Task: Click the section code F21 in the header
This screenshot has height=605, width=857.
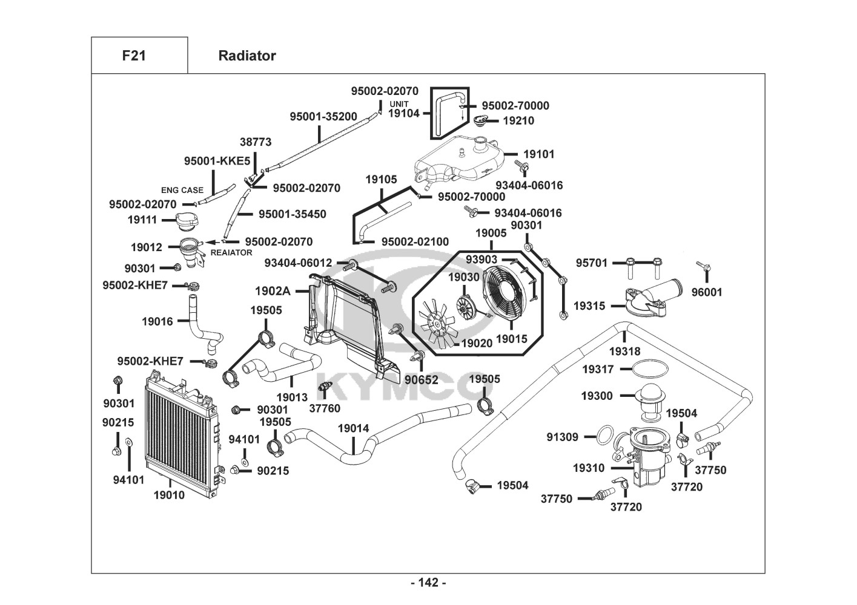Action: coord(134,56)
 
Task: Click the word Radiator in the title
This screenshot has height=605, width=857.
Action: coord(247,56)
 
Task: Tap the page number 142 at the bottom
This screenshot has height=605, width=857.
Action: coord(428,583)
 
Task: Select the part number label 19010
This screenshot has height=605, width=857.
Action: coord(169,495)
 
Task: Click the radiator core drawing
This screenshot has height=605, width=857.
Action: coord(179,436)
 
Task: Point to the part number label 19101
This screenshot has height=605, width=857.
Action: coord(538,154)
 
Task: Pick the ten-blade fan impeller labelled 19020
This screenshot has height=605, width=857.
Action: coord(437,320)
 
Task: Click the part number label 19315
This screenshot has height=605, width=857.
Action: coord(589,306)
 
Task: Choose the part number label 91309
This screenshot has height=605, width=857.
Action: coord(562,437)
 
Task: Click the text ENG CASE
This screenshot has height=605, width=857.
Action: coord(182,190)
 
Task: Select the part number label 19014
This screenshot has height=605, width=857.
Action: coord(353,428)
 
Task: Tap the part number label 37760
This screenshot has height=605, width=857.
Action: coord(325,408)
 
